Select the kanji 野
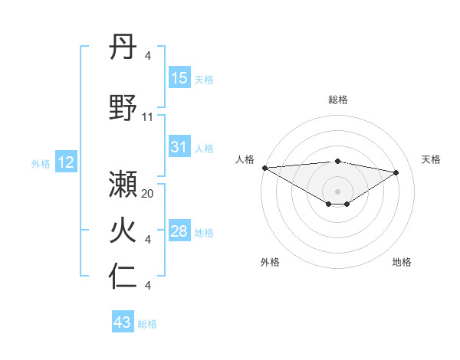click(x=123, y=108)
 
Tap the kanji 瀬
click(x=123, y=186)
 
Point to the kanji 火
click(x=123, y=232)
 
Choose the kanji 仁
click(x=123, y=277)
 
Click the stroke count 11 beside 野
click(x=148, y=117)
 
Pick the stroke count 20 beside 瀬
click(x=148, y=194)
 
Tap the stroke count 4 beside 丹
click(x=148, y=56)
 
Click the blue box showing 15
click(x=179, y=78)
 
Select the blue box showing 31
click(x=179, y=147)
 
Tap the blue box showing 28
click(x=179, y=231)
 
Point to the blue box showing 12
click(x=66, y=162)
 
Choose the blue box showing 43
click(x=123, y=322)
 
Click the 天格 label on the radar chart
click(x=431, y=159)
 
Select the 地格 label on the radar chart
click(x=402, y=262)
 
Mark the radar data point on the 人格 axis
click(x=264, y=168)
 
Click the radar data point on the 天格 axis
click(x=396, y=172)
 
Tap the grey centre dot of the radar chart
click(x=337, y=190)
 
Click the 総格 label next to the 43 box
click(x=147, y=324)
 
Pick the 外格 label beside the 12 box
click(x=41, y=163)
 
